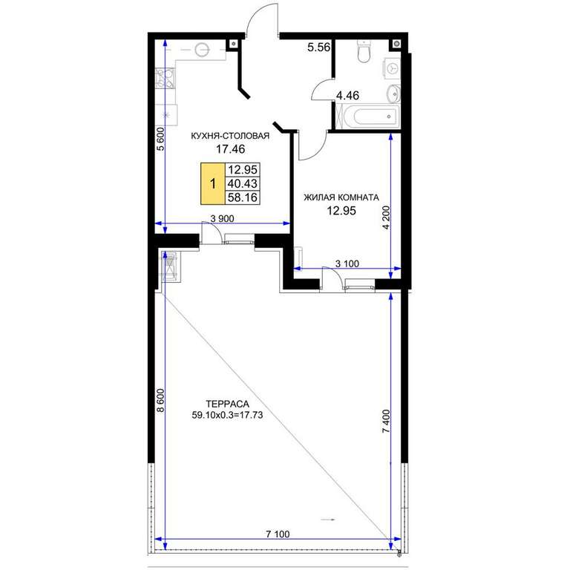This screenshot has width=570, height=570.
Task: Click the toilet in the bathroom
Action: point(364,51)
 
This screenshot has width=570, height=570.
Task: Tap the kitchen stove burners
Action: point(166,79)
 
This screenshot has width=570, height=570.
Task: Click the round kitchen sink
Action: point(202,50)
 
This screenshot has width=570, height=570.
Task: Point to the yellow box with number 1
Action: point(213,183)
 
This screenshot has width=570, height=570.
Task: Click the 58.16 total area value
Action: point(242,197)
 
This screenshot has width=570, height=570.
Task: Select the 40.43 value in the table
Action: point(242,183)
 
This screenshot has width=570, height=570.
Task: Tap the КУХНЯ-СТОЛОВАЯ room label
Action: point(230,136)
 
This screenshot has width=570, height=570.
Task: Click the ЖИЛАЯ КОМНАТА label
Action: point(341,197)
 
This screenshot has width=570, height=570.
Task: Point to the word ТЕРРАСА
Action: point(228,404)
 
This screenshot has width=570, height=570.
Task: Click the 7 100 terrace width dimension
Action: point(278,534)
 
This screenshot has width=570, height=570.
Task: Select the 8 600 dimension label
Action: point(160,400)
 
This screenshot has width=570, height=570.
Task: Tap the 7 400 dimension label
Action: point(386,421)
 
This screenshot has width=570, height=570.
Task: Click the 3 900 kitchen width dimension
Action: point(223,218)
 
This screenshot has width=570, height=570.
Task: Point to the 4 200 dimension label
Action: point(386,217)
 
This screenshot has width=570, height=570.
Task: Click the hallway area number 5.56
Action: point(318,47)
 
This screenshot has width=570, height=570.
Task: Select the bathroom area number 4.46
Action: point(347,96)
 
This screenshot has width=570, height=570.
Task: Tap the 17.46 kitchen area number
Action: point(231,149)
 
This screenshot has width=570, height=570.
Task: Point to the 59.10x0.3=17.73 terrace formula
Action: point(227,415)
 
